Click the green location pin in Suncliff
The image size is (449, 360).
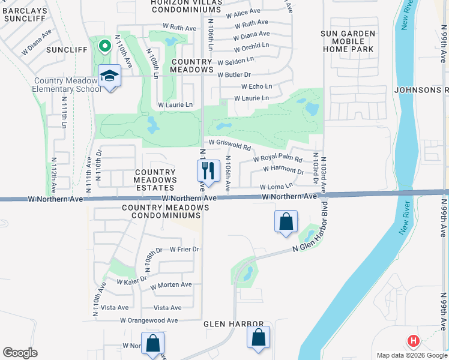104,46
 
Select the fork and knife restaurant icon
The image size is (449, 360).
208,171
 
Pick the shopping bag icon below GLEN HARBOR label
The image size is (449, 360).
259,338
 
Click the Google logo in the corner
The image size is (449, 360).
20,353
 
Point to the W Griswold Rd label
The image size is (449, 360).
229,143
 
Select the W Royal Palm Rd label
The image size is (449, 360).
277,159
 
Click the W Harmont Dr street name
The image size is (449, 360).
284,170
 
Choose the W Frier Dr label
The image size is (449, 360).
184,249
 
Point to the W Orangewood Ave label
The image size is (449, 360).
149,320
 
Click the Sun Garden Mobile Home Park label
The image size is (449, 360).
348,41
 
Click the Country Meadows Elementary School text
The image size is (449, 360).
67,85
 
